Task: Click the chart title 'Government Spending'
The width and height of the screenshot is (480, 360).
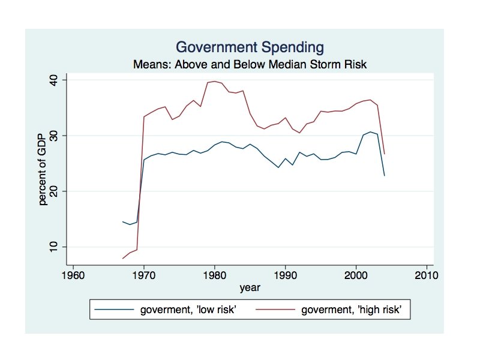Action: coord(250,47)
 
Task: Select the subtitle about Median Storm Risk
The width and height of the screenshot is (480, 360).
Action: coord(250,64)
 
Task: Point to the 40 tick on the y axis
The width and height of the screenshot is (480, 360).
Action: coord(53,80)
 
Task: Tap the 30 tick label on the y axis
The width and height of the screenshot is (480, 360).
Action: coord(53,136)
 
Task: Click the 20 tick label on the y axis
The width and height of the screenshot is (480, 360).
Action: coord(53,191)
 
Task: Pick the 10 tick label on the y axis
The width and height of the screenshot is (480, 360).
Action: coord(53,247)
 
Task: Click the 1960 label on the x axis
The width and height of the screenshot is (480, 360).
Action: coord(73,275)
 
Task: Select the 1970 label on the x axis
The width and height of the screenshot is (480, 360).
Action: coord(144,275)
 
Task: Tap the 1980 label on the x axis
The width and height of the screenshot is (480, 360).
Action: coord(215,275)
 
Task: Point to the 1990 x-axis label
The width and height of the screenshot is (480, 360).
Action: coord(286,275)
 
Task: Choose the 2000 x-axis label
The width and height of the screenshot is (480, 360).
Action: coord(356,275)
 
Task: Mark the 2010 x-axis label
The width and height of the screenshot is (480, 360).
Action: coord(427,275)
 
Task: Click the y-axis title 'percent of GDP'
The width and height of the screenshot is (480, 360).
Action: coord(42,169)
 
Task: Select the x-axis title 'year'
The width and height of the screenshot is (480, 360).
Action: coord(250,288)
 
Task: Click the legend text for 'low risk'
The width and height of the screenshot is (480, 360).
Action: coord(188,310)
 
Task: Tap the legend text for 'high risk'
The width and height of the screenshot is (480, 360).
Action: coord(351,310)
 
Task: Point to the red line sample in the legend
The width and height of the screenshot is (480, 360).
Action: coord(275,310)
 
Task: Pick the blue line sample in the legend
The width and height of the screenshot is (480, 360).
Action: coord(114,310)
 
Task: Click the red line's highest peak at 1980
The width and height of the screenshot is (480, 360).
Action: coord(214,82)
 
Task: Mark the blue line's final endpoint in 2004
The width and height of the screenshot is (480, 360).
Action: coord(384,175)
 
